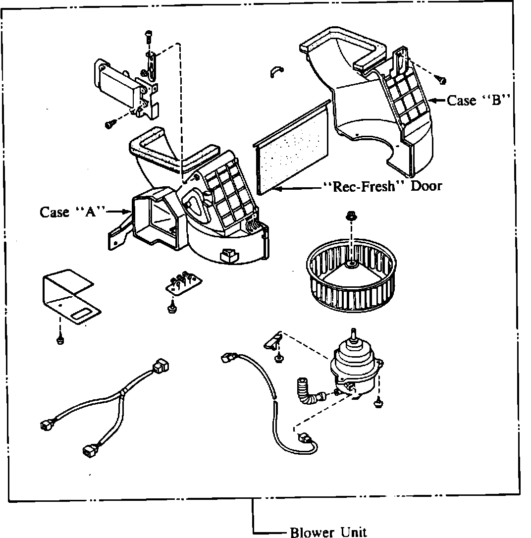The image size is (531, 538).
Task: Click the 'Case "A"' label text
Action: coord(73,212)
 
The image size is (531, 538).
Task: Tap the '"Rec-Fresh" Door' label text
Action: coord(382,186)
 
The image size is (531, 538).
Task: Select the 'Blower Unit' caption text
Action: coord(328,532)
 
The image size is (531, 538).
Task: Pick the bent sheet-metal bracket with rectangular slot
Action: coord(69,297)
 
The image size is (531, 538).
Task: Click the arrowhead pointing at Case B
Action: coord(431,101)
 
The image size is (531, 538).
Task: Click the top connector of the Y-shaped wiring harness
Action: coord(161,366)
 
